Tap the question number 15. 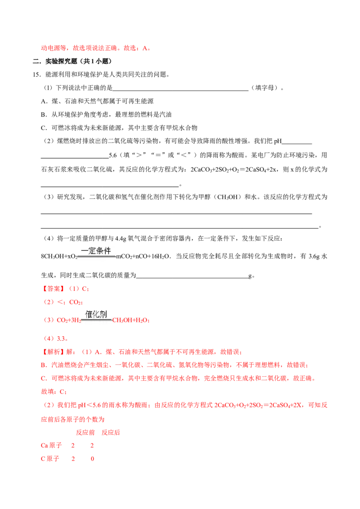[x=37, y=75]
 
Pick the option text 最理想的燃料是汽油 [x=143, y=114]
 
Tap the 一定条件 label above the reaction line [x=96, y=250]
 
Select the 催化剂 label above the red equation [x=96, y=314]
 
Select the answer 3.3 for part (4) [x=61, y=339]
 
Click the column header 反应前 [x=85, y=433]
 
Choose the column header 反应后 [x=111, y=433]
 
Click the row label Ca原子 [x=51, y=445]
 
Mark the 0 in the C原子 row [x=92, y=459]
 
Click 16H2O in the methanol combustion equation [x=161, y=256]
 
